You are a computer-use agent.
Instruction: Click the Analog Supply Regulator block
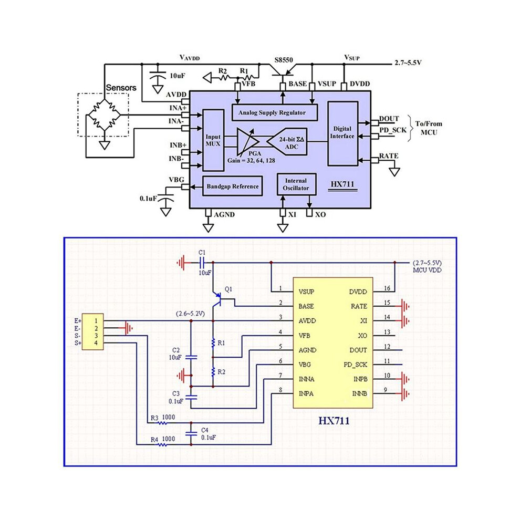(275, 112)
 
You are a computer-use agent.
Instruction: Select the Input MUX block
(213, 140)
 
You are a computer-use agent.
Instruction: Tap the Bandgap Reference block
(233, 186)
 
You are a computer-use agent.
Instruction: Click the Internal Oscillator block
(296, 184)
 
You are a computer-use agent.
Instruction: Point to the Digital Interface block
(343, 133)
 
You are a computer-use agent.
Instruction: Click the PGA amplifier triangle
(247, 142)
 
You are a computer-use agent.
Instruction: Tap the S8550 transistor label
(284, 60)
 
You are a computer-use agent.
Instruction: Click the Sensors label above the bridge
(121, 88)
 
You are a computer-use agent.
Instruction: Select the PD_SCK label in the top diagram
(393, 130)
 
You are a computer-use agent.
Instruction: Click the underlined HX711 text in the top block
(342, 184)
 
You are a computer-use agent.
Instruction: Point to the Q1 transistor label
(228, 289)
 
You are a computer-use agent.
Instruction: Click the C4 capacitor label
(205, 430)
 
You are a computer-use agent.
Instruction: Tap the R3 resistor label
(154, 418)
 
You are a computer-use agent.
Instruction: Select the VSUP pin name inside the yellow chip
(306, 292)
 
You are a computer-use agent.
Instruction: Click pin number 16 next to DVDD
(387, 288)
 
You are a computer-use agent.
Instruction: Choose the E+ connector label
(78, 321)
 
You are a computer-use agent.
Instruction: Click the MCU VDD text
(427, 271)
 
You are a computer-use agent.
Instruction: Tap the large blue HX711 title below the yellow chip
(334, 421)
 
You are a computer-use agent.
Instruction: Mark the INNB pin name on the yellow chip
(359, 393)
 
